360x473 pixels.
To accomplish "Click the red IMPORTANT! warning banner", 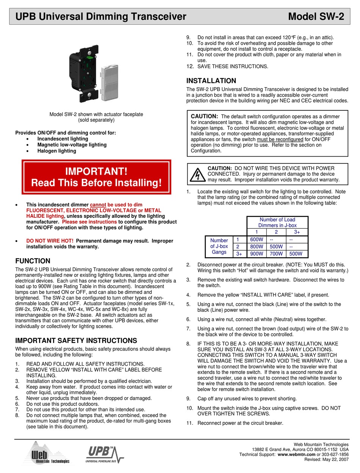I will click(96, 177).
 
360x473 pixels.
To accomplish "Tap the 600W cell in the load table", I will click(257, 239).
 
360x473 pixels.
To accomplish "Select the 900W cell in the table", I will click(257, 254).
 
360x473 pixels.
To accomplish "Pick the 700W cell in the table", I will click(277, 254).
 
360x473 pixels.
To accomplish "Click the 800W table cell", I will click(257, 247).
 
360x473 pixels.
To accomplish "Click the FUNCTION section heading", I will click(33, 261).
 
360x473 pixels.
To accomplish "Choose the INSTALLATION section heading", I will click(211, 81).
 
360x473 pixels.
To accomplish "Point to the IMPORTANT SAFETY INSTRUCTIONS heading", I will click(76, 341).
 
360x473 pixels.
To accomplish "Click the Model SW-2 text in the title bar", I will click(316, 17).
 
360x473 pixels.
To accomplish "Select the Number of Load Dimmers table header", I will click(277, 222).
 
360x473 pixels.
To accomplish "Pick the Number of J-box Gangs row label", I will click(219, 246).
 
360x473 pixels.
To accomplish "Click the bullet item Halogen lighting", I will click(56, 151).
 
